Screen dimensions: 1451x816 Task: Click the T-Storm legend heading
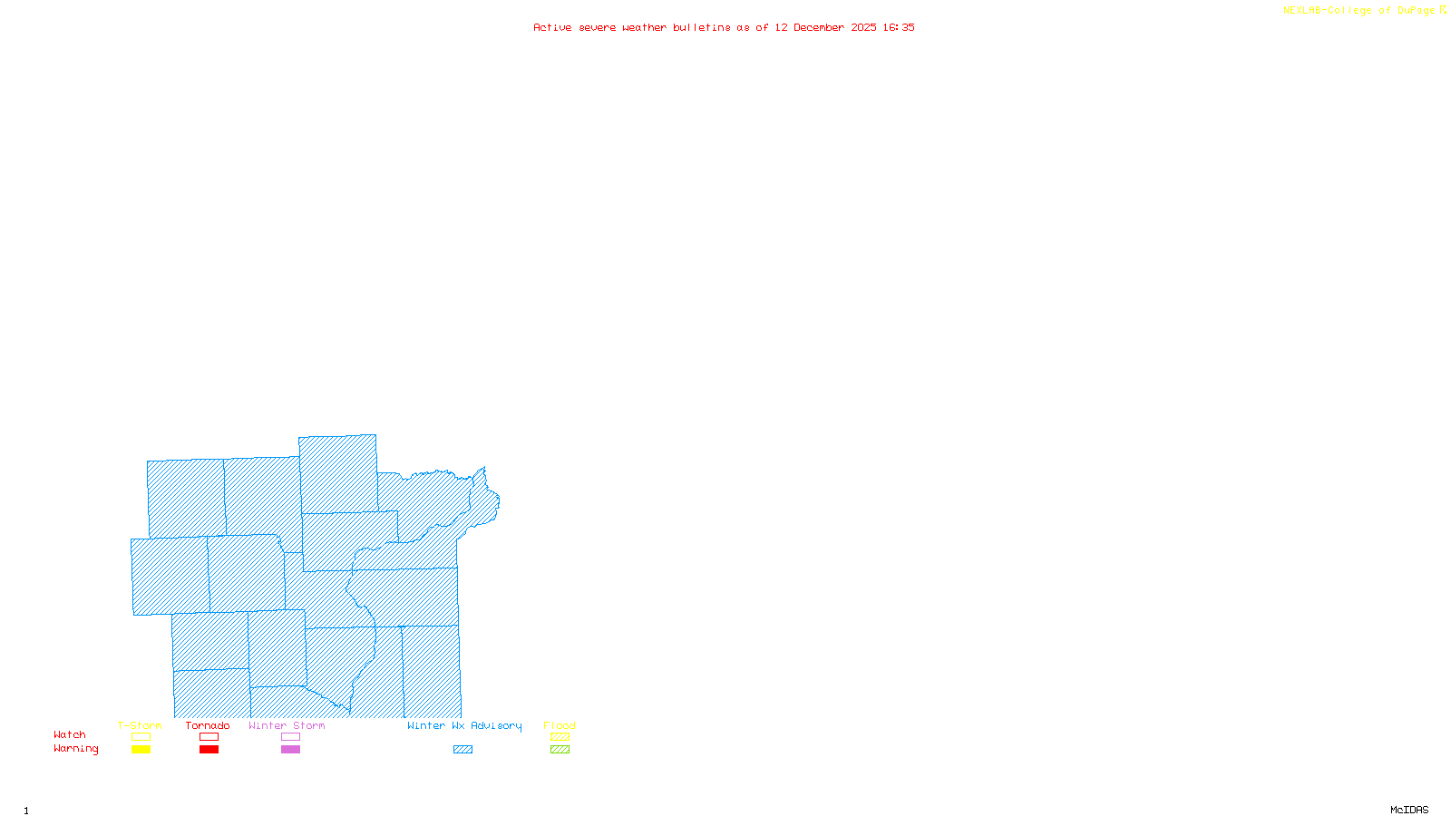coord(140,725)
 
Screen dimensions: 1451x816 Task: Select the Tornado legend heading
coord(208,725)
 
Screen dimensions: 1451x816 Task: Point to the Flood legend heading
coord(560,725)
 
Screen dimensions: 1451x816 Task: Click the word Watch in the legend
coord(70,734)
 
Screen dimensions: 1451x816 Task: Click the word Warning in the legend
coord(76,749)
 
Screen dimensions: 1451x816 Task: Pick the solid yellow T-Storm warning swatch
coord(141,750)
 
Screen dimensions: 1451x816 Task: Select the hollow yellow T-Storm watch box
coord(141,737)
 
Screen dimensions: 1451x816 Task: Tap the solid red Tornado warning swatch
coord(209,750)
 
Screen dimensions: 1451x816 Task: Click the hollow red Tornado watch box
coord(209,737)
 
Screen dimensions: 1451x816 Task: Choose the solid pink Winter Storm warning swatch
coord(290,750)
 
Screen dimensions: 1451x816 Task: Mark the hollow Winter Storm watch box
coord(290,737)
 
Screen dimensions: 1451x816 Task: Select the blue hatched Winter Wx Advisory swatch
coord(463,750)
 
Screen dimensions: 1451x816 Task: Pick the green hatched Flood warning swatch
coord(560,750)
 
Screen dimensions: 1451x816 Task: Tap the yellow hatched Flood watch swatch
coord(560,737)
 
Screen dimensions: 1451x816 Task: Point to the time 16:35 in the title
coord(899,27)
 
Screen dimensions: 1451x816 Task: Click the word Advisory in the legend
coord(496,725)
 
